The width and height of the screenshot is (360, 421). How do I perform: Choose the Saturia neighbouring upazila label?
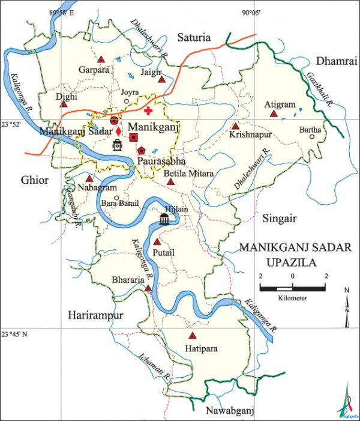pos(194,38)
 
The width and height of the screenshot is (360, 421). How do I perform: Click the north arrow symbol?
pos(347,307)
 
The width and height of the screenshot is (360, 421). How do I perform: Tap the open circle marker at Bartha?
pos(312,136)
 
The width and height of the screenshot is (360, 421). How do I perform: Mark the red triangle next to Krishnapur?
pos(235,127)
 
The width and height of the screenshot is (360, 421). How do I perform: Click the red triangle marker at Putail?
pos(157,242)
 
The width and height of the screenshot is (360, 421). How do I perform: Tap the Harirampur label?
pos(95,315)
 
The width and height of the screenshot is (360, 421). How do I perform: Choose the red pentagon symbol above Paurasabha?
pos(141,151)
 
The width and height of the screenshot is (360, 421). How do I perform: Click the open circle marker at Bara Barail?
pos(117,198)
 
